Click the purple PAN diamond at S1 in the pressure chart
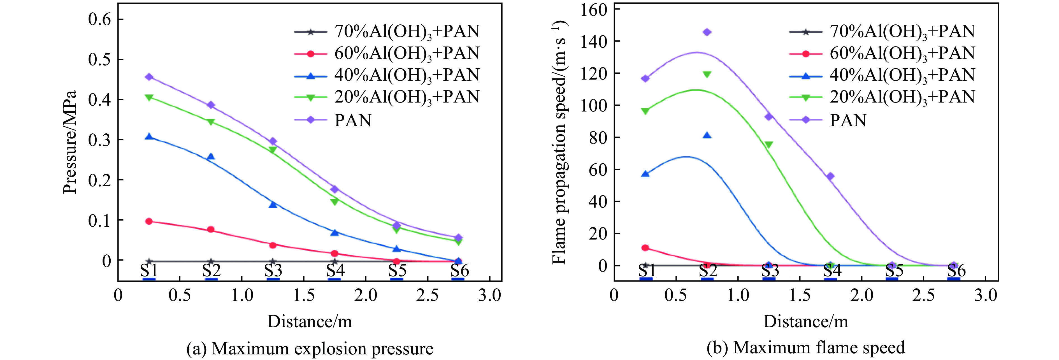pyautogui.click(x=149, y=77)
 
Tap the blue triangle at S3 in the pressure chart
pyautogui.click(x=273, y=204)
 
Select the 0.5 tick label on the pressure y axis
pyautogui.click(x=100, y=60)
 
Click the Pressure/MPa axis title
pyautogui.click(x=70, y=142)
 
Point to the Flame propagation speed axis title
pyautogui.click(x=559, y=142)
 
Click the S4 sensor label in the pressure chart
pyautogui.click(x=335, y=270)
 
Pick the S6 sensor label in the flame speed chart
pyautogui.click(x=956, y=270)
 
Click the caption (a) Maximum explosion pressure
pyautogui.click(x=310, y=349)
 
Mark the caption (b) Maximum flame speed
pyautogui.click(x=806, y=348)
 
